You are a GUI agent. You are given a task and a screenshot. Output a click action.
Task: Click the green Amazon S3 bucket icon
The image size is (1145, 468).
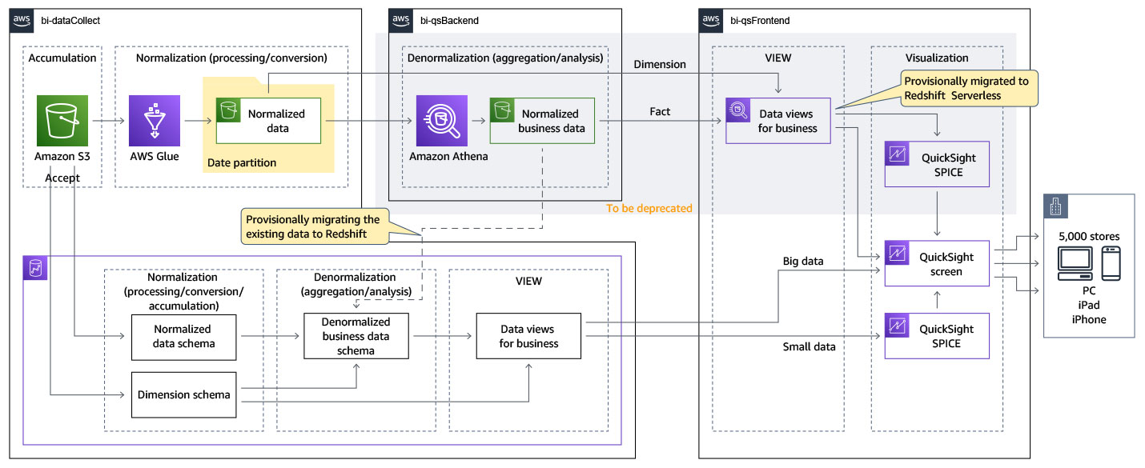[x=62, y=121]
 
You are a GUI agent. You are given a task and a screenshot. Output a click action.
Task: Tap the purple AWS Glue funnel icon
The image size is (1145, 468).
[x=155, y=121]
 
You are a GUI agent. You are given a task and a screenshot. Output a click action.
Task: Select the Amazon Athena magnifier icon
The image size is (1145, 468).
[x=441, y=121]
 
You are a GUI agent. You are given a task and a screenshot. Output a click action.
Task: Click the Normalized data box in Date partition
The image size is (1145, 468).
[x=268, y=121]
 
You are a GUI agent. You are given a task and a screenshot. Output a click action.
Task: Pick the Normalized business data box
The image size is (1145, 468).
[x=542, y=121]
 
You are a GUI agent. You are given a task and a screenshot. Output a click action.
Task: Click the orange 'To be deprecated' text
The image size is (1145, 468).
[x=649, y=208]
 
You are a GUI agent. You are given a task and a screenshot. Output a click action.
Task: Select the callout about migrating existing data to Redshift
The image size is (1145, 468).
[x=313, y=226]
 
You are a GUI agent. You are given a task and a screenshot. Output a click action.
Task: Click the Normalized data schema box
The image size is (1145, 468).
[x=183, y=337]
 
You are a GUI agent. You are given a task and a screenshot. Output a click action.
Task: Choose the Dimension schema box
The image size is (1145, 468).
[x=183, y=394]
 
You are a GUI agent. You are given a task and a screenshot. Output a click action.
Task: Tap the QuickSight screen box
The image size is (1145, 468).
[x=937, y=263]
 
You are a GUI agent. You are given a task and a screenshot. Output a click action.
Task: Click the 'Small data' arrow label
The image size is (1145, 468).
[x=809, y=346]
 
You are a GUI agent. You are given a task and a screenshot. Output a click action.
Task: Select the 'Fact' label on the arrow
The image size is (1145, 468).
[x=660, y=111]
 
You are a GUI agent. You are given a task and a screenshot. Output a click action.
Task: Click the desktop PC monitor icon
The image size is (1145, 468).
[x=1073, y=263]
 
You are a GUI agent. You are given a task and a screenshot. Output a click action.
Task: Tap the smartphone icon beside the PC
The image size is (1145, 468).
[x=1111, y=262]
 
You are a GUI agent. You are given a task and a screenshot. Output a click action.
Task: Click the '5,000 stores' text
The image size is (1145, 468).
[x=1088, y=237]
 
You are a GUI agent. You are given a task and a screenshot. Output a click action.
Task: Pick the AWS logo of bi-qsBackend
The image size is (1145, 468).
[x=401, y=20]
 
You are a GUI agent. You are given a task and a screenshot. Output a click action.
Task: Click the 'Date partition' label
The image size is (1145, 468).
[x=242, y=162]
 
